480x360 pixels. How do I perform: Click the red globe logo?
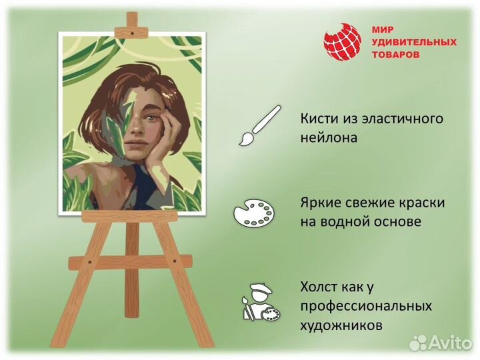point(343,42)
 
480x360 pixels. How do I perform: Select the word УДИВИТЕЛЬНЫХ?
point(413,42)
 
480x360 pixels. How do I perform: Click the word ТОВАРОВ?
point(396,54)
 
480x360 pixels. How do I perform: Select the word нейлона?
point(329,137)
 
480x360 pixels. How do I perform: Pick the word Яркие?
point(320,202)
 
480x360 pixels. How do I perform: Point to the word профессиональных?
point(366,307)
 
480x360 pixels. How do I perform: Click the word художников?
point(341,326)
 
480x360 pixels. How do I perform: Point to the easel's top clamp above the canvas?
point(132,29)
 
